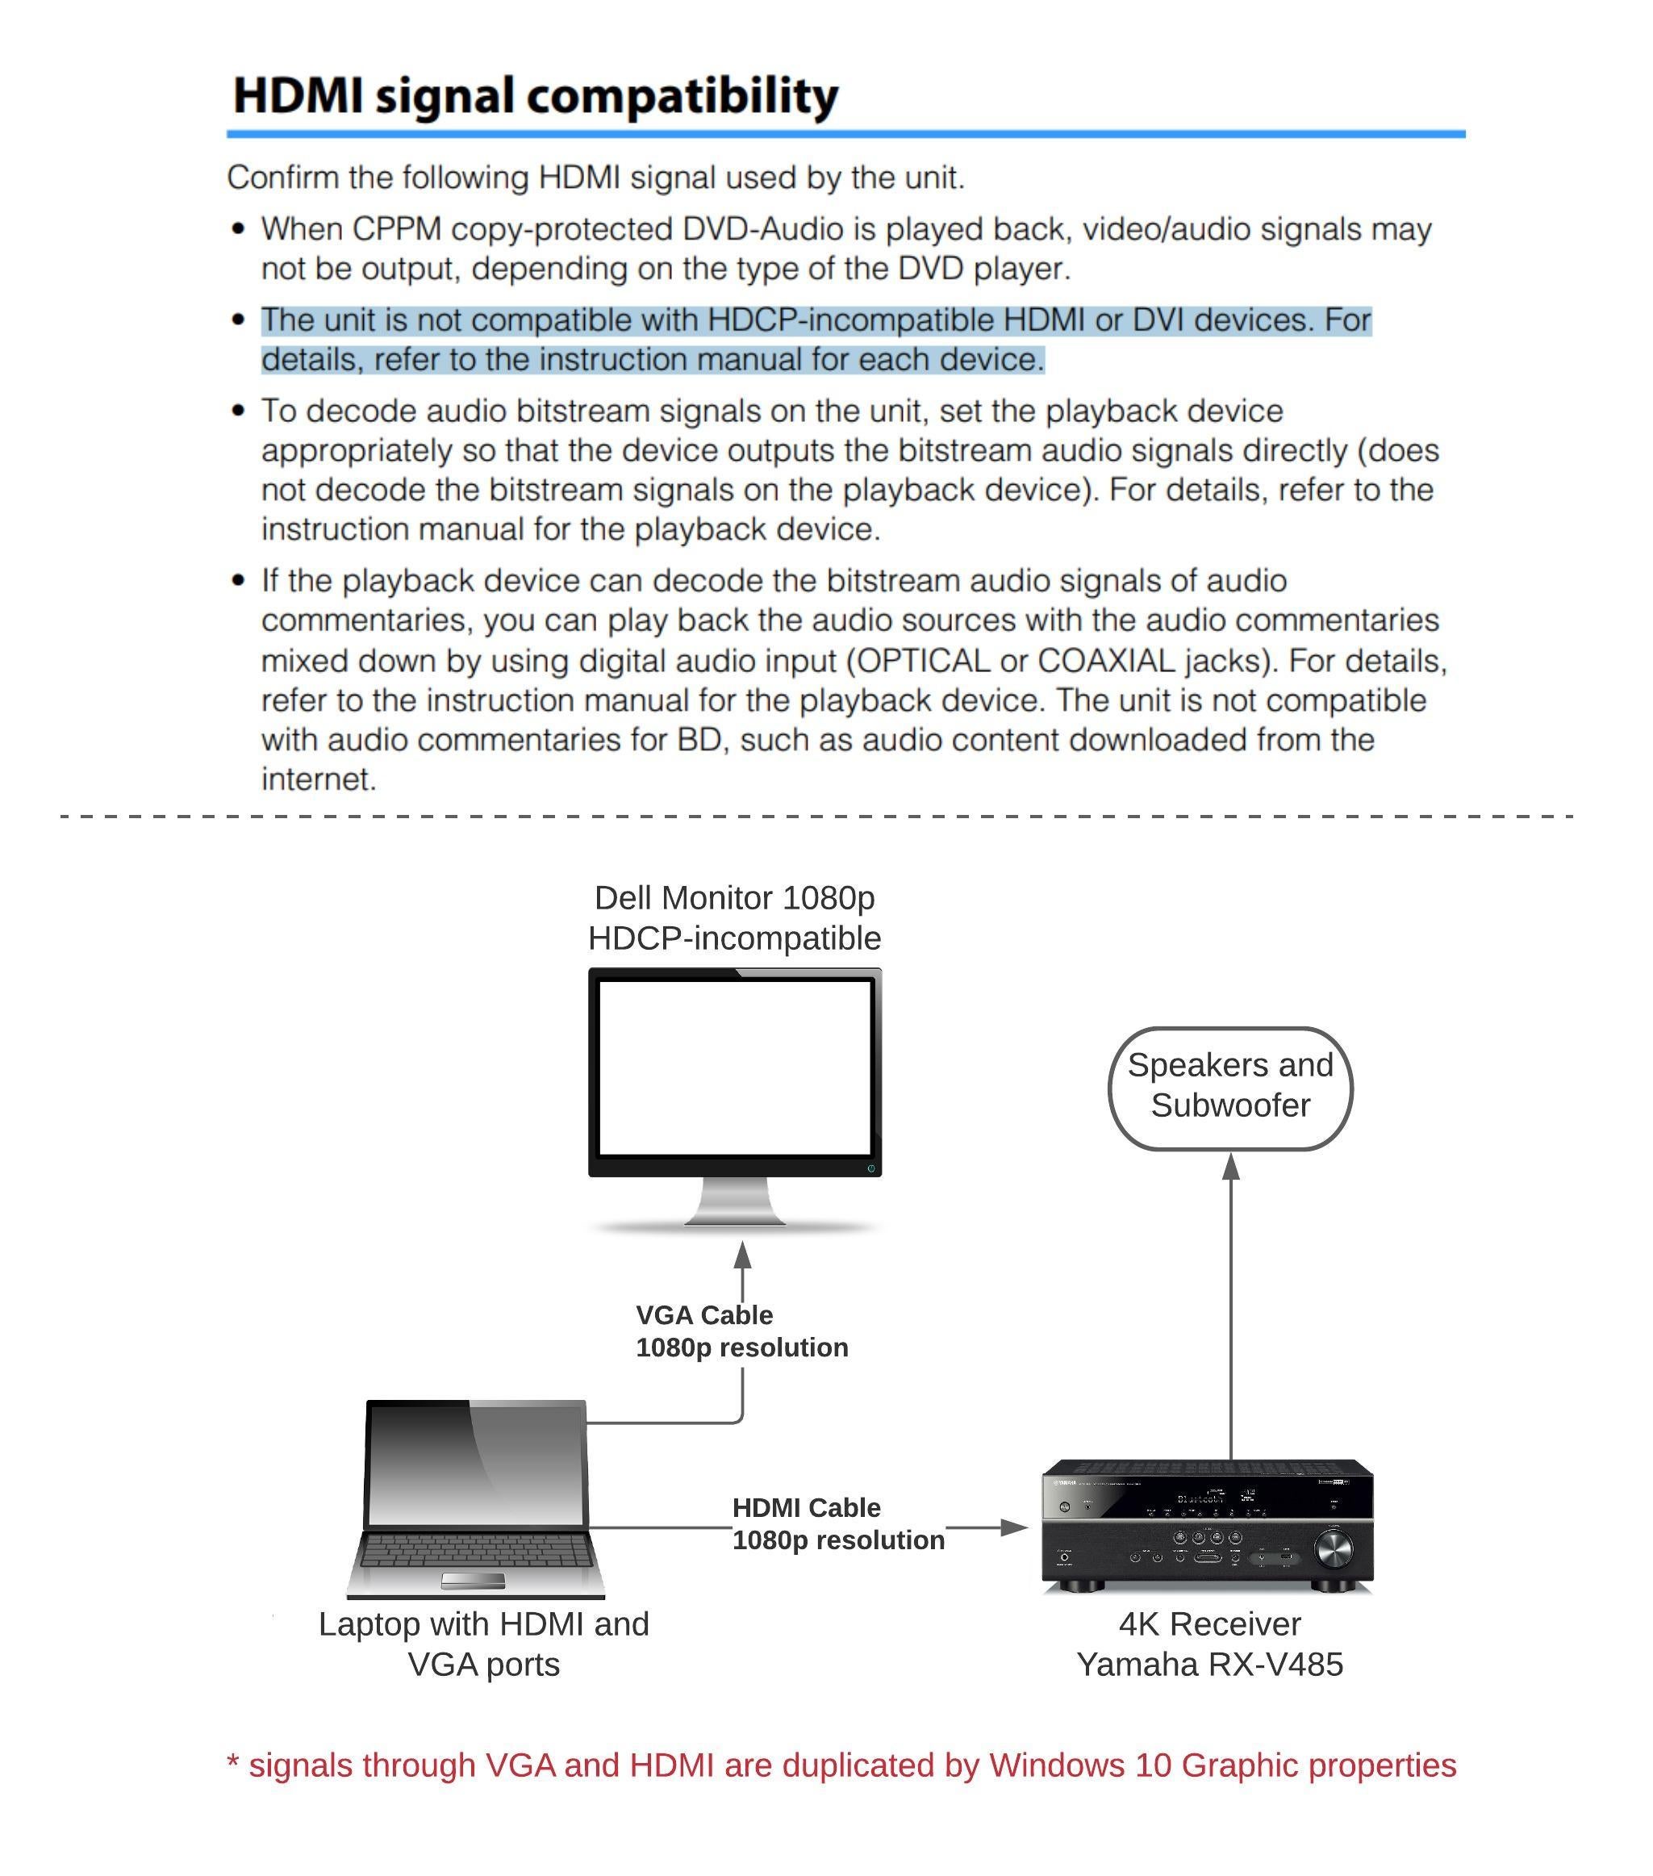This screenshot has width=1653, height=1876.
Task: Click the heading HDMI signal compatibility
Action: click(535, 95)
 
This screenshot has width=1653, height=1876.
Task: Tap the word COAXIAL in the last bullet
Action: click(1106, 660)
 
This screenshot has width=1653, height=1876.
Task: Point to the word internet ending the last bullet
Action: click(319, 779)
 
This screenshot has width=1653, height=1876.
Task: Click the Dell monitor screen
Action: click(734, 1068)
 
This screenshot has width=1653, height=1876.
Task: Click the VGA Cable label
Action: click(704, 1315)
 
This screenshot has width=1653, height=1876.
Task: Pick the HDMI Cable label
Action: click(806, 1508)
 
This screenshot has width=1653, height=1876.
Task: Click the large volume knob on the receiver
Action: click(1333, 1550)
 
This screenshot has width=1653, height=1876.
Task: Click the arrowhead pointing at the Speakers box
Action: click(1231, 1167)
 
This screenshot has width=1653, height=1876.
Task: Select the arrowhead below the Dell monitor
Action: click(742, 1256)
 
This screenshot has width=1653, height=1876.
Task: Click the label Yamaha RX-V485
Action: click(1209, 1664)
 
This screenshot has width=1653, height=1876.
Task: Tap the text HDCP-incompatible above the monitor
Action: click(734, 938)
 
